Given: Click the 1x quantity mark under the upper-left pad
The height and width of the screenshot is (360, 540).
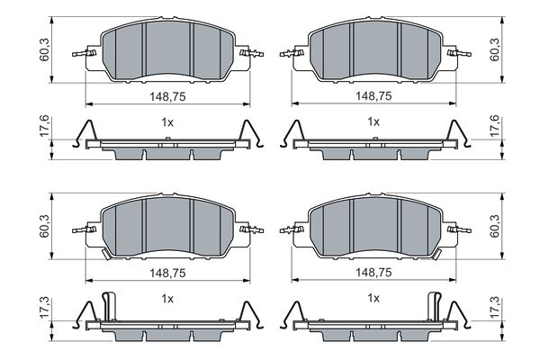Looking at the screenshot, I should (x=166, y=121).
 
